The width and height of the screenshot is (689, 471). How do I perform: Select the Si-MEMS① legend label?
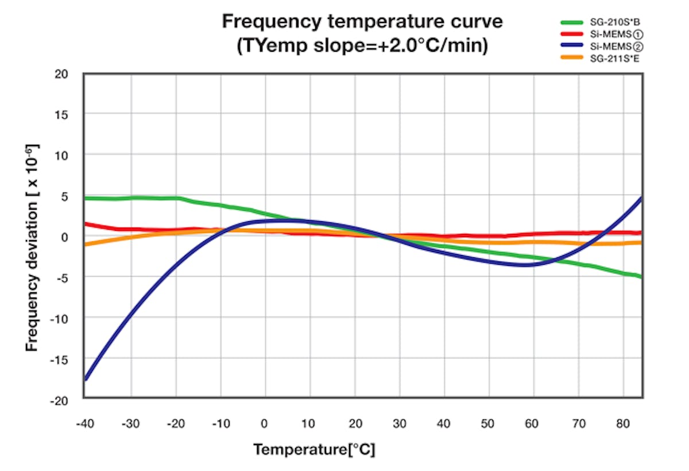click(x=615, y=35)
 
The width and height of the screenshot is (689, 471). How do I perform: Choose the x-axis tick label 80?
click(x=623, y=424)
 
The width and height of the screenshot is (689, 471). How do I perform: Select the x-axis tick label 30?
click(x=400, y=424)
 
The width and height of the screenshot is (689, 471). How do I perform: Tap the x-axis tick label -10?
click(x=219, y=424)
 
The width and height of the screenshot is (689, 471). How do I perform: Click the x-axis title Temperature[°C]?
click(x=314, y=450)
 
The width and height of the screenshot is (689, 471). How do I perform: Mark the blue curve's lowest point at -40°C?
click(x=85, y=379)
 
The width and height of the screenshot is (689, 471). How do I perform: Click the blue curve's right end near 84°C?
click(x=641, y=198)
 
